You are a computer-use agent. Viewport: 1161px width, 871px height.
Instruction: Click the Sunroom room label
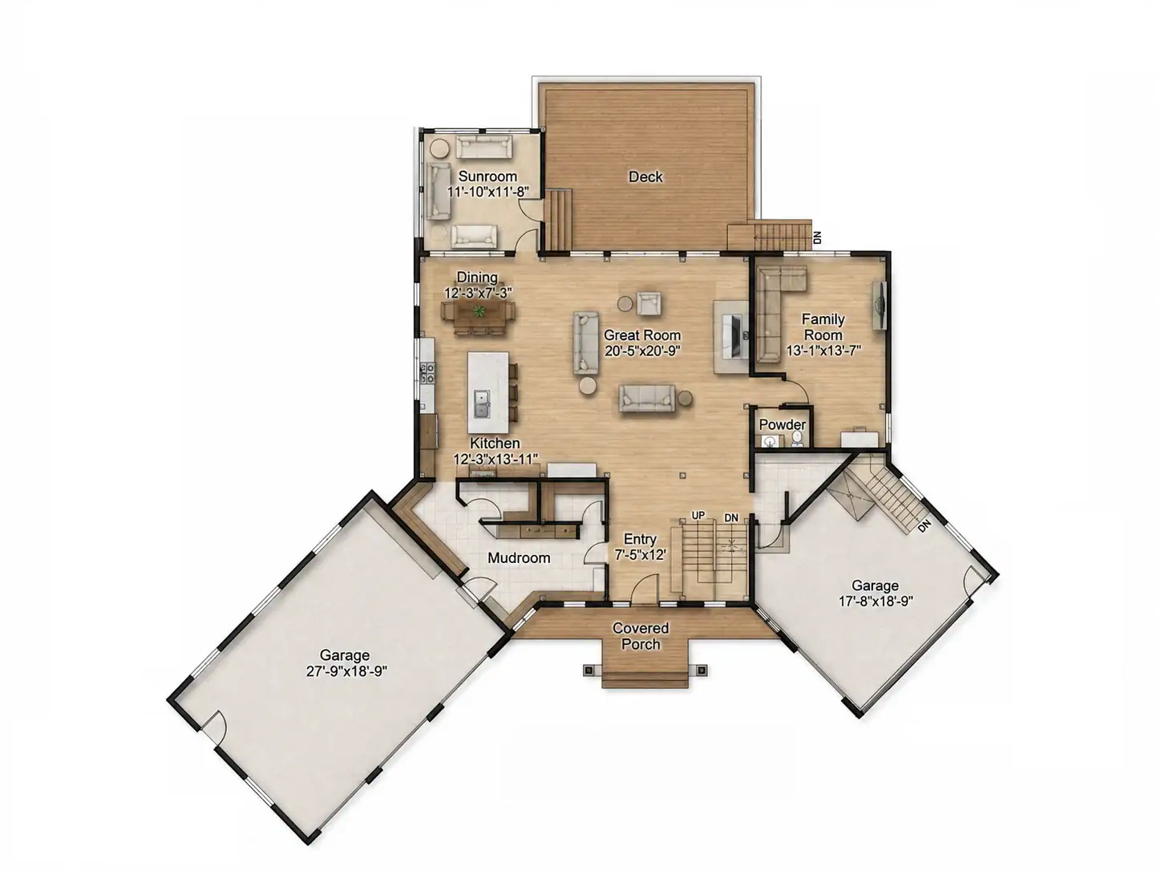coord(487,176)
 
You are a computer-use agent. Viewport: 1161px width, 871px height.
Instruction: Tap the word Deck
coord(645,176)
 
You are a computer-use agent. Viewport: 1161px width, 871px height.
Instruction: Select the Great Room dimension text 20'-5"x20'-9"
coord(642,350)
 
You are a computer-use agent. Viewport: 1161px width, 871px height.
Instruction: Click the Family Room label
coord(823,326)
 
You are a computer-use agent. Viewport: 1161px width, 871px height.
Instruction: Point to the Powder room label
coord(783,424)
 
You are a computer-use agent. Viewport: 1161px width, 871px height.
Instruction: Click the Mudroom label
coord(518,558)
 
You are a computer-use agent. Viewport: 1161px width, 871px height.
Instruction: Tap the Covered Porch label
coord(641,636)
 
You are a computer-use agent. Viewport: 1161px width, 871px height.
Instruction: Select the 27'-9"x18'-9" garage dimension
coord(346,671)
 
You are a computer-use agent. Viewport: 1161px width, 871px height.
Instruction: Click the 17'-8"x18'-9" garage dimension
coord(876,602)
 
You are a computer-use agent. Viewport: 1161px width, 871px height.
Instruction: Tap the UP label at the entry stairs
coord(698,516)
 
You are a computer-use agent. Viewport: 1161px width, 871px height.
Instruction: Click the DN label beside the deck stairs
coord(818,238)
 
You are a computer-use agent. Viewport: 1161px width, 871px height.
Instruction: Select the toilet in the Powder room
coord(797,439)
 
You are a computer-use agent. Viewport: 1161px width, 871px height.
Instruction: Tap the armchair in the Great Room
coord(649,303)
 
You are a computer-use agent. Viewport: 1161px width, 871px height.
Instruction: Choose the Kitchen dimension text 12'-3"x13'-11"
coord(496,459)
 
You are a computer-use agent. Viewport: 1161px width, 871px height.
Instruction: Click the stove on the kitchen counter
coord(427,372)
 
